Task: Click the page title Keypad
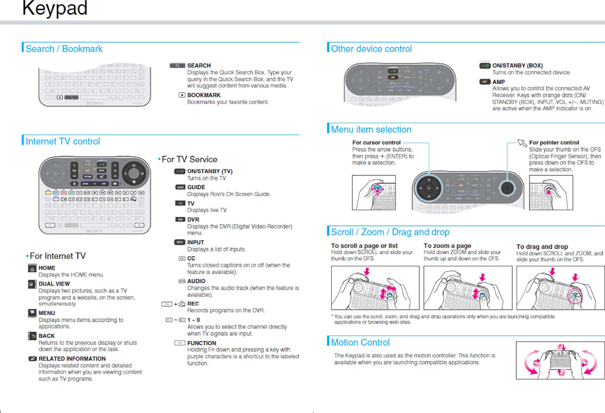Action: point(55,8)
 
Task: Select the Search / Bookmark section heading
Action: point(64,49)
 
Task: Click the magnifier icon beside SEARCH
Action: point(177,65)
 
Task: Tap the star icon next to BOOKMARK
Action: point(182,95)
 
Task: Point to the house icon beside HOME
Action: point(32,268)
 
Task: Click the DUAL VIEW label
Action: point(54,284)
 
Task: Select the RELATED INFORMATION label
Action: point(72,359)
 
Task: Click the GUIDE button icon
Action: point(180,187)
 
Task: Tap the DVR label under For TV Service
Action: point(193,219)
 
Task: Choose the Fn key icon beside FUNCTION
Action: point(180,343)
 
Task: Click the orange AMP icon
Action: point(484,82)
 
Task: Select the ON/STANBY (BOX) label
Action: point(517,65)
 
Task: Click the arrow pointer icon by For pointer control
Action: point(522,143)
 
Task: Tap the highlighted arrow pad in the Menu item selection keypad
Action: point(428,188)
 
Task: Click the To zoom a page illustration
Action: point(468,288)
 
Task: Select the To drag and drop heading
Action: point(542,247)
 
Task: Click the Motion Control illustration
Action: point(560,360)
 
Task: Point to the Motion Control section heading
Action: point(360,342)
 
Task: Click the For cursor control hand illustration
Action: point(374,192)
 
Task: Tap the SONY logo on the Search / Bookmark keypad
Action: point(94,103)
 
